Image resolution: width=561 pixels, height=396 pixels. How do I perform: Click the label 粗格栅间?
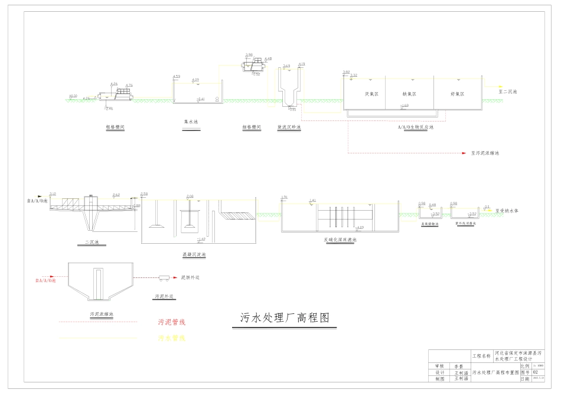115,127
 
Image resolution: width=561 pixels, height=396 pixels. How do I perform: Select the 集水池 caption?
191,122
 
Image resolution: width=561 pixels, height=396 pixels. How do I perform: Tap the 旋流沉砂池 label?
289,127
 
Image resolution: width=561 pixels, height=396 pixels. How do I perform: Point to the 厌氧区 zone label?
371,94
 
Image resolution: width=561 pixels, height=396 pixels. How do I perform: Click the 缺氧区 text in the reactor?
409,94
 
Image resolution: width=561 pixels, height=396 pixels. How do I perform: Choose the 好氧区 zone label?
457,94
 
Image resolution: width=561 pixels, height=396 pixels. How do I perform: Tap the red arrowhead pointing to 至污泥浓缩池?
465,153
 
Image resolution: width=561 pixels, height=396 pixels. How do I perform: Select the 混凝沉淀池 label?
194,255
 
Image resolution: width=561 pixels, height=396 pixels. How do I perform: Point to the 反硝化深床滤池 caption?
341,240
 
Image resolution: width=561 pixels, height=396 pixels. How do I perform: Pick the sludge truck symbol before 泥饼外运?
165,277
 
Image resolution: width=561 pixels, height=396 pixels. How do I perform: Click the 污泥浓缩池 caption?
101,314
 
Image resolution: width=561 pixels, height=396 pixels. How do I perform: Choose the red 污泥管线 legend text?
172,322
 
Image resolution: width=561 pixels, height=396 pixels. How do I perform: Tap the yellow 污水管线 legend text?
172,338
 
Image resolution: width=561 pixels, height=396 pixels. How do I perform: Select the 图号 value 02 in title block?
536,372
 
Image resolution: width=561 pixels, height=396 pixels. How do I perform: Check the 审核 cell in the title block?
439,366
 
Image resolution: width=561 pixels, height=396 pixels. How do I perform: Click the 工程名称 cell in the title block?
481,356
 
